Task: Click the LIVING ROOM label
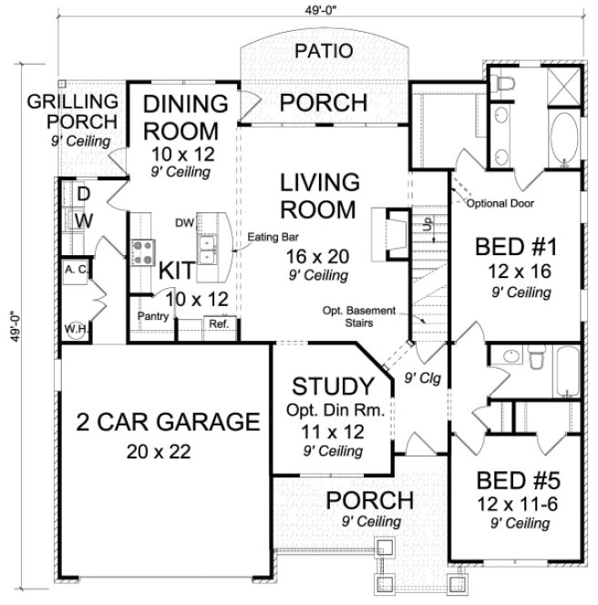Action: (x=317, y=195)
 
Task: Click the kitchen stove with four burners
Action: (x=143, y=251)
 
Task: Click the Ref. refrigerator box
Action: (x=219, y=324)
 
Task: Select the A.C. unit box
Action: (x=74, y=270)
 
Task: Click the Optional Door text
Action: (x=500, y=204)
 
